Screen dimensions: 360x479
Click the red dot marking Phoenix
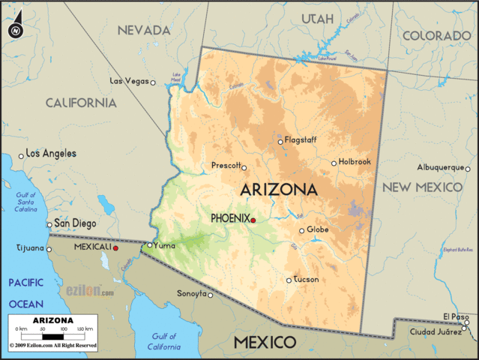tap(253, 220)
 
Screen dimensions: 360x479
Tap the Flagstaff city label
tap(301, 139)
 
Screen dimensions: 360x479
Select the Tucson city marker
tap(289, 280)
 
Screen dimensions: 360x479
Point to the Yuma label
tap(164, 244)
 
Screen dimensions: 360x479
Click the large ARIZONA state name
tap(278, 190)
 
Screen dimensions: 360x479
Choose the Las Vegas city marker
tap(153, 82)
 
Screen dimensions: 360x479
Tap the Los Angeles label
tap(51, 153)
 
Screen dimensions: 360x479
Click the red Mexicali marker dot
tap(115, 247)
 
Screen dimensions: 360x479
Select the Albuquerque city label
tap(442, 167)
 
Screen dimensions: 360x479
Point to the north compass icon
tap(15, 30)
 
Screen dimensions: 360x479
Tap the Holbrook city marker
tap(334, 163)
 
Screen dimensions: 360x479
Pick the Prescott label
tap(226, 165)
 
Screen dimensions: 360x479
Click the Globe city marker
tap(302, 230)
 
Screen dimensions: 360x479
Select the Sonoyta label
tap(191, 294)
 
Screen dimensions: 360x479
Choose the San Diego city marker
tap(49, 224)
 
